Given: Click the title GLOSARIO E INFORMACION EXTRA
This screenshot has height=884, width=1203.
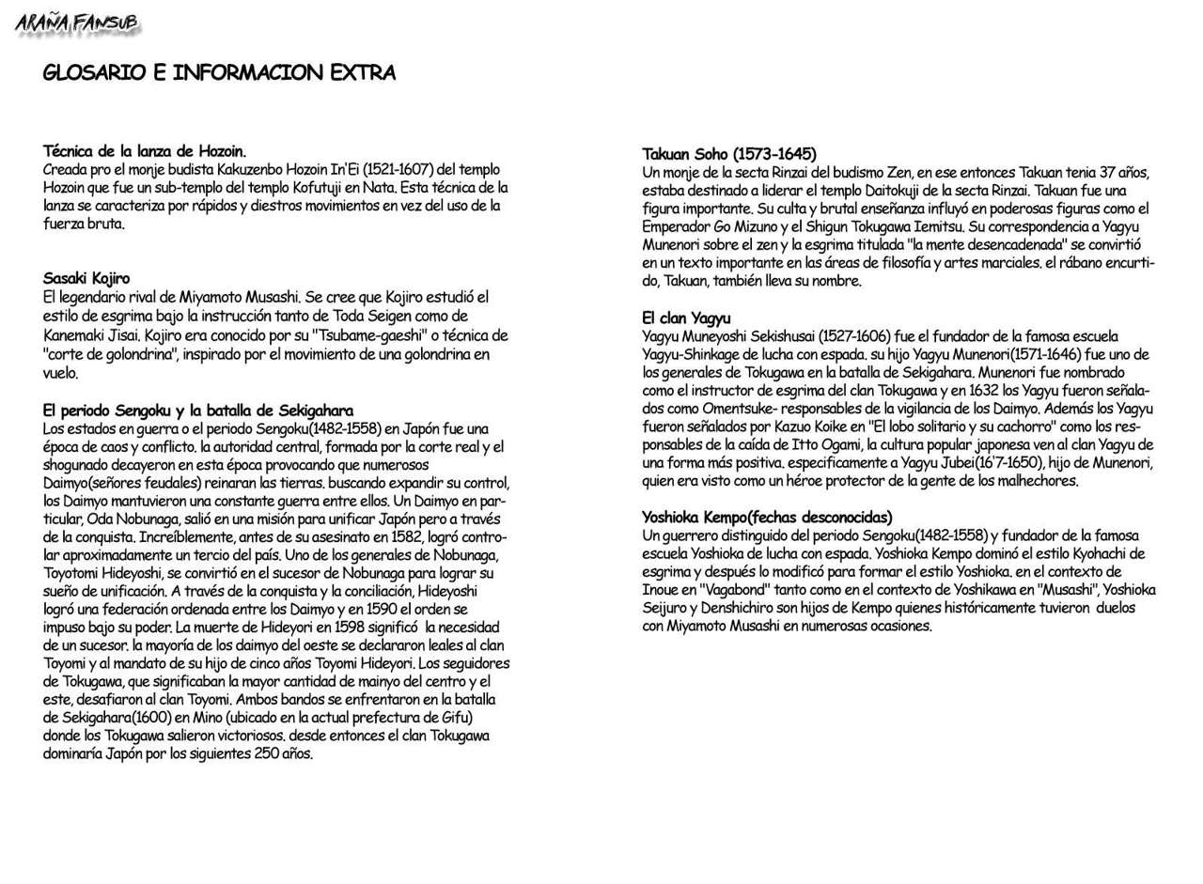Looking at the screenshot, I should (219, 73).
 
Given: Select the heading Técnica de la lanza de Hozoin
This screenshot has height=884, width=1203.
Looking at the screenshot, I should (145, 150).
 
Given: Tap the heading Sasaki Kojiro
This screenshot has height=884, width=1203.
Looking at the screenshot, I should (86, 278).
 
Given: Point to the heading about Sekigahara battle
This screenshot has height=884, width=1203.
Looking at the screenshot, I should (198, 411).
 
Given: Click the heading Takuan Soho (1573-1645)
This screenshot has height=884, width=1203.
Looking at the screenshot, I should (729, 153).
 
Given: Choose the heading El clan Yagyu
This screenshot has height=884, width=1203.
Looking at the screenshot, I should (686, 318).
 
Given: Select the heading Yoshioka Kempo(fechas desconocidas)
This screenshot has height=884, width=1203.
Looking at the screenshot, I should (767, 517).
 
